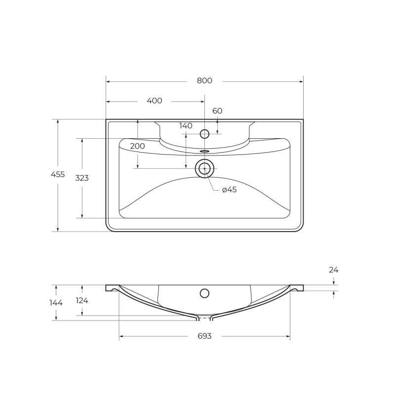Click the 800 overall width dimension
[204, 80]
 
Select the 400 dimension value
[154, 101]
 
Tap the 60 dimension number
[217, 111]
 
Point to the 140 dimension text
[186, 126]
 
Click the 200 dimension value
[137, 146]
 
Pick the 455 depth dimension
[58, 174]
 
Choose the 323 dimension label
[82, 178]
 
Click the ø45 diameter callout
[229, 190]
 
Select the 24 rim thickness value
[333, 270]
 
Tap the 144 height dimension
[56, 303]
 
